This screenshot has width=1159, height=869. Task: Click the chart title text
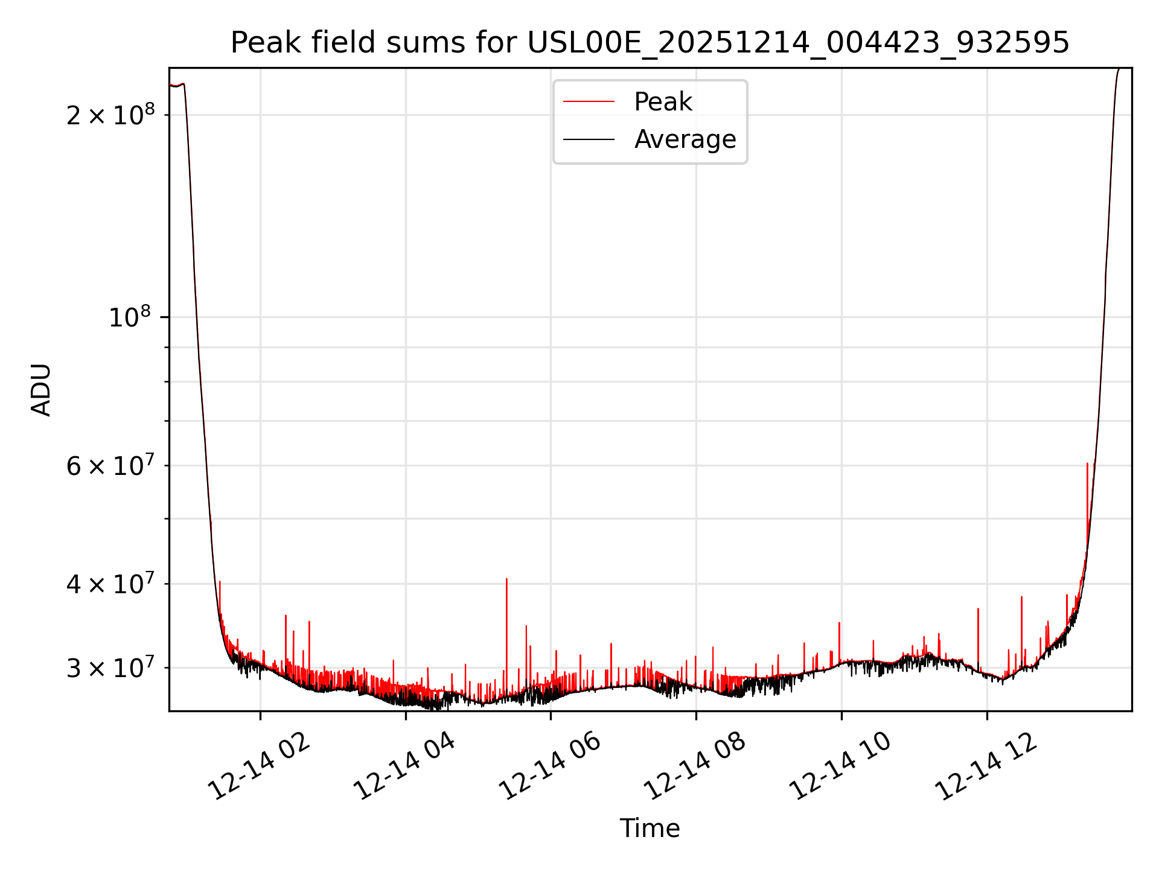click(650, 43)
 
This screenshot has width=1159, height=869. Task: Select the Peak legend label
click(663, 102)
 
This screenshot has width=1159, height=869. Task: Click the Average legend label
click(685, 139)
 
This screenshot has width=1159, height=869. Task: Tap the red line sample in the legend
click(589, 102)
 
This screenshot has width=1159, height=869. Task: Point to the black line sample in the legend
click(589, 139)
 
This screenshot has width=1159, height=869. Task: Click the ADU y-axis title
click(41, 390)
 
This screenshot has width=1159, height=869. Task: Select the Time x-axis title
click(650, 829)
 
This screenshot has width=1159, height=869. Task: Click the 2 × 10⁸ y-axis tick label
click(110, 115)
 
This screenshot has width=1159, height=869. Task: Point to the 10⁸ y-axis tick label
click(131, 317)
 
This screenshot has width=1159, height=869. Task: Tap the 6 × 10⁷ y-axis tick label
click(110, 466)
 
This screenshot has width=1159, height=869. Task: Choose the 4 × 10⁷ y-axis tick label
click(110, 584)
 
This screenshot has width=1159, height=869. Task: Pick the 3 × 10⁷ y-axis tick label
click(110, 668)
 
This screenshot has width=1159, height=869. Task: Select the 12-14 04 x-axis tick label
click(404, 767)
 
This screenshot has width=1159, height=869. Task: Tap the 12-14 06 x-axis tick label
click(550, 767)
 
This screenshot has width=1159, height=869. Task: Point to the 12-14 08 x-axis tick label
click(695, 767)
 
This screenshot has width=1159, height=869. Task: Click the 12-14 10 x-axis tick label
click(841, 767)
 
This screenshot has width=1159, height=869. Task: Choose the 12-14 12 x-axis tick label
click(986, 767)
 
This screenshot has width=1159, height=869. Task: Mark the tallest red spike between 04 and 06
click(506, 579)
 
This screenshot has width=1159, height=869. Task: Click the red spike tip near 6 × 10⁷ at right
click(1087, 464)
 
